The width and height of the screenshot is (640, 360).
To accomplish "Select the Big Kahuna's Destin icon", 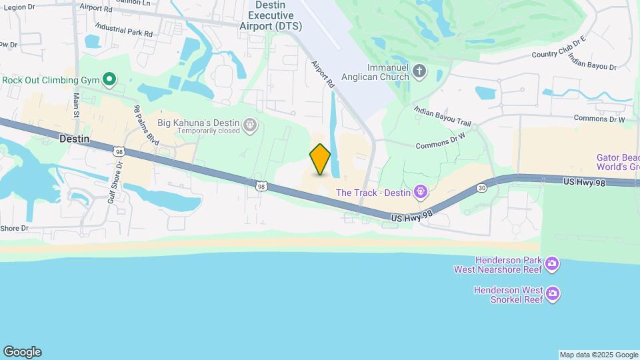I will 250,123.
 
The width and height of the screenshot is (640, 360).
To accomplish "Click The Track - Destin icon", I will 421,193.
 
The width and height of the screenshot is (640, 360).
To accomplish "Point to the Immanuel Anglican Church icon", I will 419,71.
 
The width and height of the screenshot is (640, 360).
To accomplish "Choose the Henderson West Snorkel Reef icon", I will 552,294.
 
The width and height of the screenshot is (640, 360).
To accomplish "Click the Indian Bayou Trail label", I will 442,117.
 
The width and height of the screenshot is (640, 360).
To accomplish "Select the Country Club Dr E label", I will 558,48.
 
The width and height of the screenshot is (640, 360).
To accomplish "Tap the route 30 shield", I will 482,188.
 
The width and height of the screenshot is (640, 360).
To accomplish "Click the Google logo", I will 22,352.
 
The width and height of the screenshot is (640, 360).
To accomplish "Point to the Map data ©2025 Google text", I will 598,355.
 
